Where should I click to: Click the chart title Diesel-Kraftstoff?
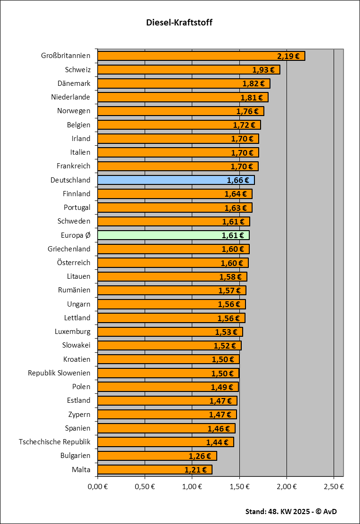179,23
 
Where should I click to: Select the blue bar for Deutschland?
176,180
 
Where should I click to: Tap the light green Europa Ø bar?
173,235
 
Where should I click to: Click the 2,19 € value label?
288,56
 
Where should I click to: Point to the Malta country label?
81,470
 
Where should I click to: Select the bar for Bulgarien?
157,456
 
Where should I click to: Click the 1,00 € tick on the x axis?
192,486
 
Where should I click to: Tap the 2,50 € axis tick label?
334,486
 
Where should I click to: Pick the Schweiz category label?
78,70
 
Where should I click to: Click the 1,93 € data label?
263,70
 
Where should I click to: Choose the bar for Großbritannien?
201,56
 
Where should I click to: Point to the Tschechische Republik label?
55,442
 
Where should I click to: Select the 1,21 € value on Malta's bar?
196,470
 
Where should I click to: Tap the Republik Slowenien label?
59,373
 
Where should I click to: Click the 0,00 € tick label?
98,486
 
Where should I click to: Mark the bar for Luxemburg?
170,332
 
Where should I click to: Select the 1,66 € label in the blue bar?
238,180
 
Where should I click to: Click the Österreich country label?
73,263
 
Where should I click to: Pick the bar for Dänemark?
183,83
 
